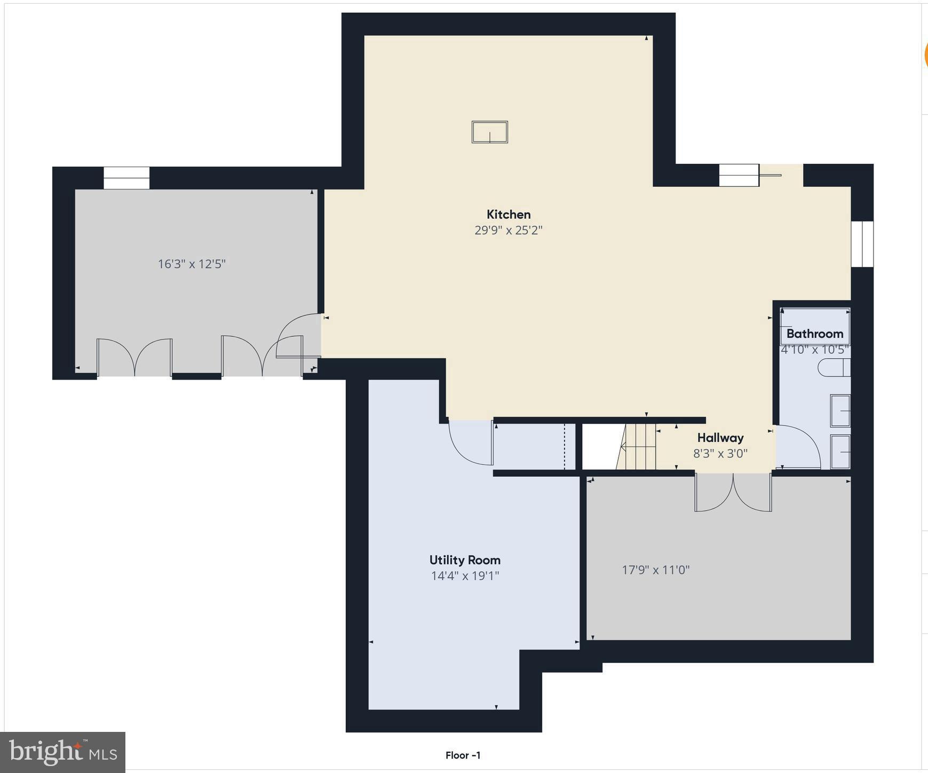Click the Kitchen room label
tap(508, 215)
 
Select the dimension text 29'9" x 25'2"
tap(508, 231)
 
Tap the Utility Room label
tap(465, 560)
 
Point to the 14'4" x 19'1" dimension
tap(465, 576)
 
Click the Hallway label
tap(720, 438)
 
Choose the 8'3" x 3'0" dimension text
tap(720, 454)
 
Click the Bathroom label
tap(814, 334)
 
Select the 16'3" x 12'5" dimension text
tap(192, 264)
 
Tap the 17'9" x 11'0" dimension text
tap(655, 570)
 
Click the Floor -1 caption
tap(463, 755)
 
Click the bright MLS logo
tap(63, 752)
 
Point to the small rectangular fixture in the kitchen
tap(489, 132)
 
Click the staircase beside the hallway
tap(638, 447)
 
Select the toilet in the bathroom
tap(834, 368)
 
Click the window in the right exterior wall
tap(862, 244)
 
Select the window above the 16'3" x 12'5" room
tap(126, 178)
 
